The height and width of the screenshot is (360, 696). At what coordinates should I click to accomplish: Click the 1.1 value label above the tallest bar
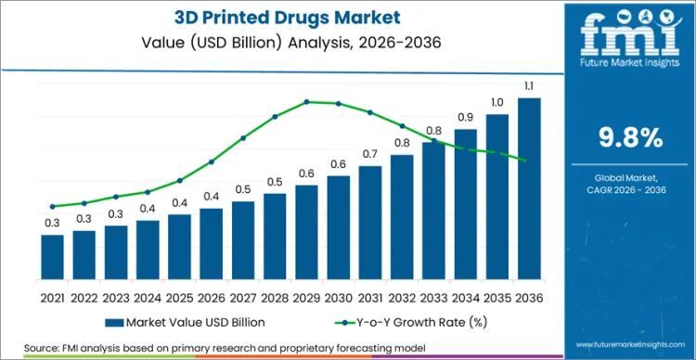[x=529, y=87]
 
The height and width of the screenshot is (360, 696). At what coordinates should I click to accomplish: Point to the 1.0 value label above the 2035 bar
[x=497, y=103]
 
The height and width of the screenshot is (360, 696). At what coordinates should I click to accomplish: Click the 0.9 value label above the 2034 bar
[x=466, y=117]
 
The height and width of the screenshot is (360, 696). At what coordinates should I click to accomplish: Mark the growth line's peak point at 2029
[x=307, y=101]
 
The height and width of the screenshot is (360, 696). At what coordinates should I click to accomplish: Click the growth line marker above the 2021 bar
[x=53, y=206]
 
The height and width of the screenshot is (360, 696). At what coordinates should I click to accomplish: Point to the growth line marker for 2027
[x=243, y=138]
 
